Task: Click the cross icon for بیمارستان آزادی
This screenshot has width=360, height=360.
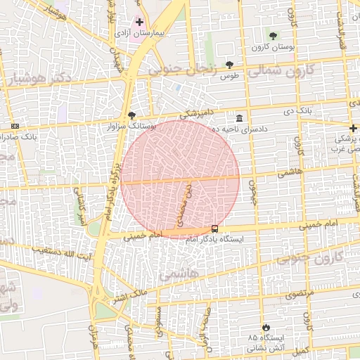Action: (x=139, y=22)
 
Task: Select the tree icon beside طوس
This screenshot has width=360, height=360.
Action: (x=229, y=64)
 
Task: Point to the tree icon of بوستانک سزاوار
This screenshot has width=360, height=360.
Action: (x=131, y=115)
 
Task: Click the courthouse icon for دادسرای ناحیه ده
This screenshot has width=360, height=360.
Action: (x=240, y=117)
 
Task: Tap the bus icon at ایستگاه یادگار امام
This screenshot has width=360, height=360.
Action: (x=214, y=228)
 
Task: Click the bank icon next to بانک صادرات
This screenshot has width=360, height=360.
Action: (x=15, y=127)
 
